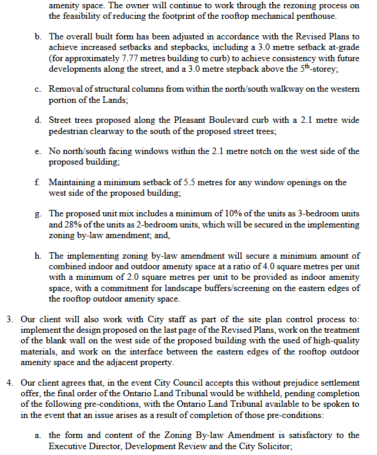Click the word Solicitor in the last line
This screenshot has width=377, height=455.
[x=270, y=446]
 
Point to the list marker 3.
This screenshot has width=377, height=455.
[x=10, y=319]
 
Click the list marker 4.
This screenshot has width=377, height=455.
[x=10, y=383]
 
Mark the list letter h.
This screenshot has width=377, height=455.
[x=38, y=256]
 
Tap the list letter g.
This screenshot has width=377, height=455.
[x=38, y=213]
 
